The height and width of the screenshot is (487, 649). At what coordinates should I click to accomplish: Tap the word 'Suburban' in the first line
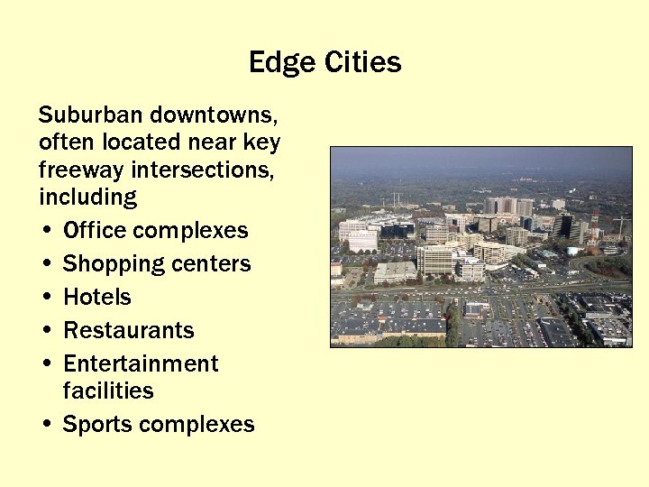(91, 115)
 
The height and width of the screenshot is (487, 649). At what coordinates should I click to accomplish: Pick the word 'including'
(87, 197)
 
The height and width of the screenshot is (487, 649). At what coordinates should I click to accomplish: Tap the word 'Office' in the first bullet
(95, 230)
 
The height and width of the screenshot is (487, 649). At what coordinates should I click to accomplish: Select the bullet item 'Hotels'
(96, 297)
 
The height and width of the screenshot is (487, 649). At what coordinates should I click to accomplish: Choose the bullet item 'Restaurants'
(128, 330)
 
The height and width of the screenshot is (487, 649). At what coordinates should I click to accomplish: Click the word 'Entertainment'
(141, 363)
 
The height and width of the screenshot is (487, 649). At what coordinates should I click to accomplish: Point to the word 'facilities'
(108, 391)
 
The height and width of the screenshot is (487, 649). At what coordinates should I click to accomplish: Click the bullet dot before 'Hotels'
(45, 298)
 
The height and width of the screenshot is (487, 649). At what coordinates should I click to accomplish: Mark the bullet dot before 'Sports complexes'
(45, 425)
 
